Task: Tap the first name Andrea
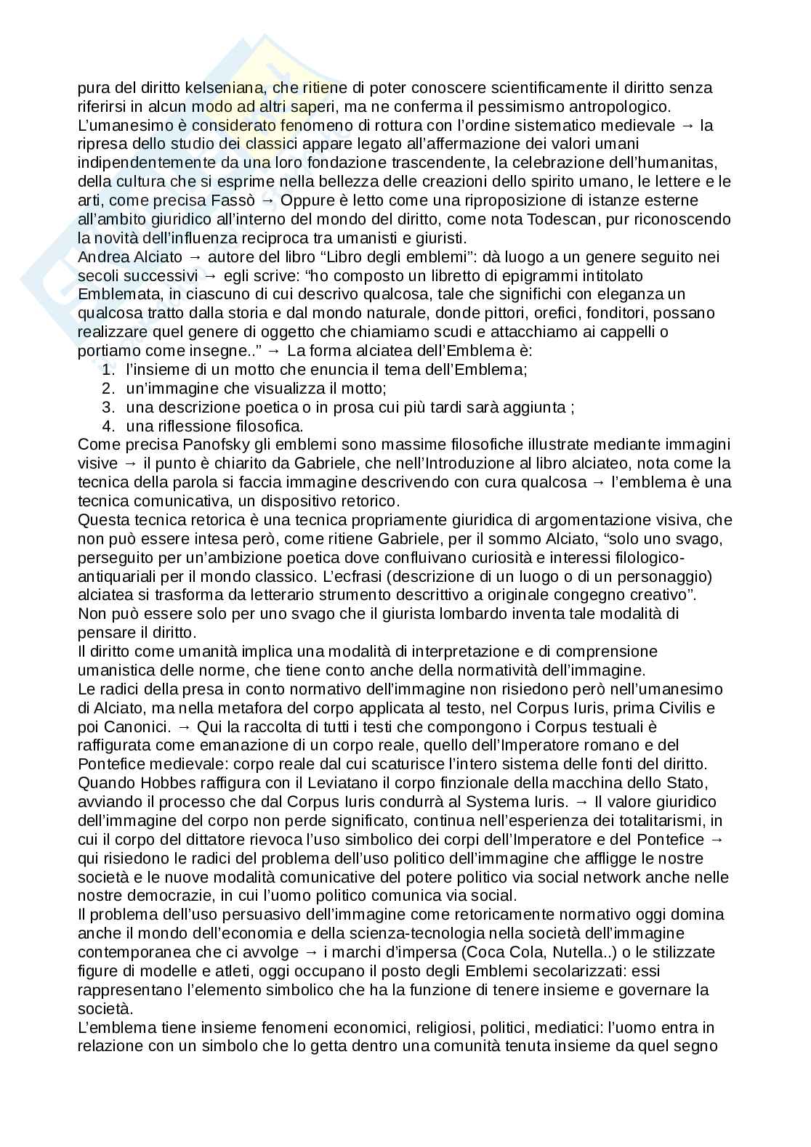click(104, 256)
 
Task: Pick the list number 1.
click(108, 370)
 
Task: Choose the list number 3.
click(108, 408)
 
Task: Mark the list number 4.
click(108, 426)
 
